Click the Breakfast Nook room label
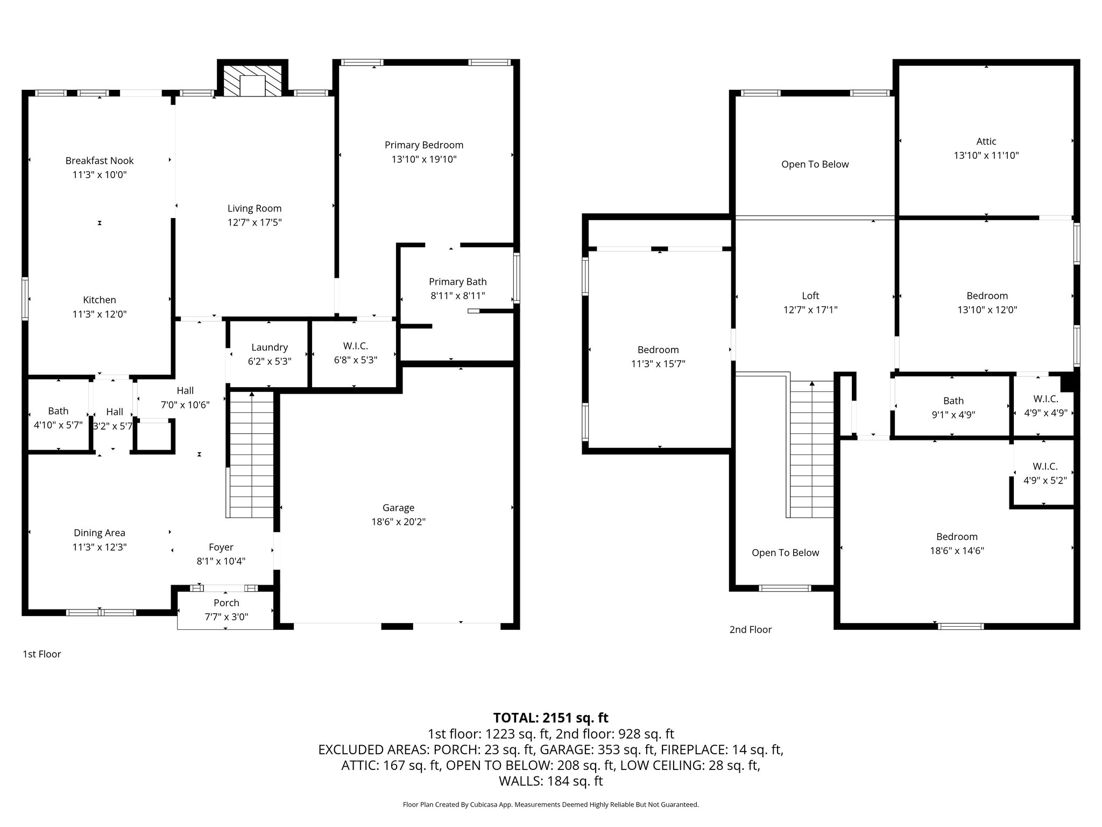point(100,160)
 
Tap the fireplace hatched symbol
point(252,81)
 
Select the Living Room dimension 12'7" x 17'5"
point(255,222)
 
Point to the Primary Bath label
point(457,282)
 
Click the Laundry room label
point(270,347)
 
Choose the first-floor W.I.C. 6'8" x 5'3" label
point(355,353)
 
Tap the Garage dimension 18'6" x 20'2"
point(398,522)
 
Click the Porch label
point(226,603)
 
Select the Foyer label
point(221,547)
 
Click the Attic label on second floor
point(986,142)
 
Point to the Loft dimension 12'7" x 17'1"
point(810,310)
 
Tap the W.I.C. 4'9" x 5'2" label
point(1045,473)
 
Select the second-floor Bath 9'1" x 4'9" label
point(953,408)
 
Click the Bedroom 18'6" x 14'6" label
point(957,543)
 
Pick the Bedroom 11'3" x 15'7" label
point(658,356)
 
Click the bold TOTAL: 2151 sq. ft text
point(550,718)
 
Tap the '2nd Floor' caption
point(750,629)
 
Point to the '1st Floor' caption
point(42,654)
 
